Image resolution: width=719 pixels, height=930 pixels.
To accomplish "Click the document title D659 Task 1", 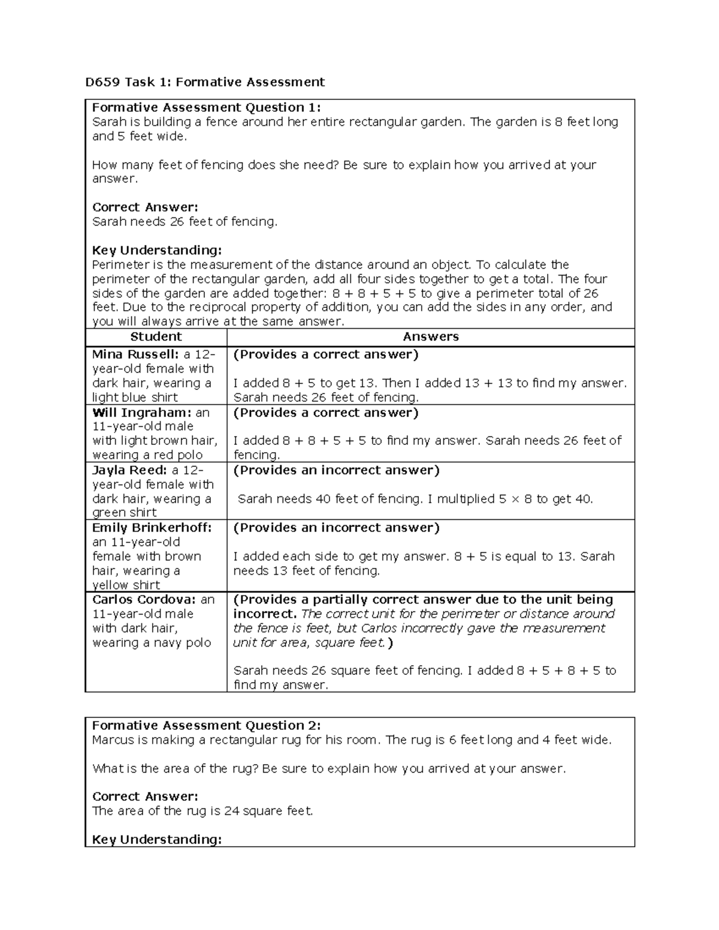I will click(x=204, y=81).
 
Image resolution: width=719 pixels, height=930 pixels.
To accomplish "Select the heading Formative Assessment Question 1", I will click(x=206, y=108).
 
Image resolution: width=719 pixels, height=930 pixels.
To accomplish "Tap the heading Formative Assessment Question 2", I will click(x=206, y=726).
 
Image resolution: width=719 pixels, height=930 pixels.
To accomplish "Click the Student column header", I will click(x=156, y=337).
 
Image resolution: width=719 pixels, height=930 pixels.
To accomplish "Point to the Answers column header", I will click(x=431, y=337).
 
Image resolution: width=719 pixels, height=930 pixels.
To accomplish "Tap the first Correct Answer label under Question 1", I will click(x=144, y=207).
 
